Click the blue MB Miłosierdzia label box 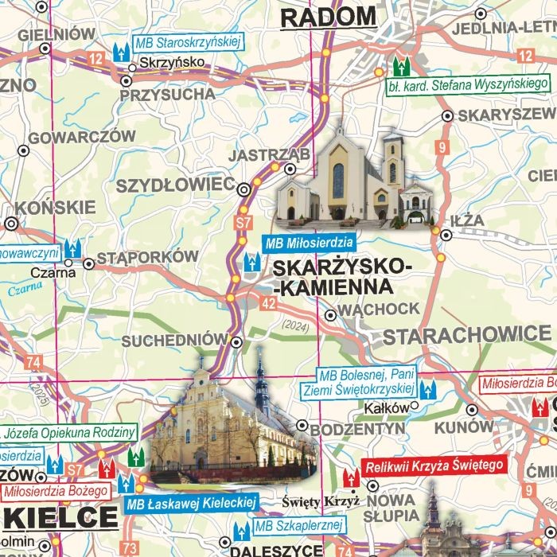pos(308,243)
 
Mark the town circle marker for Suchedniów pos(236,341)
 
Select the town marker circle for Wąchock pos(330,314)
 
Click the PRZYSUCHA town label pos(167,94)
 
